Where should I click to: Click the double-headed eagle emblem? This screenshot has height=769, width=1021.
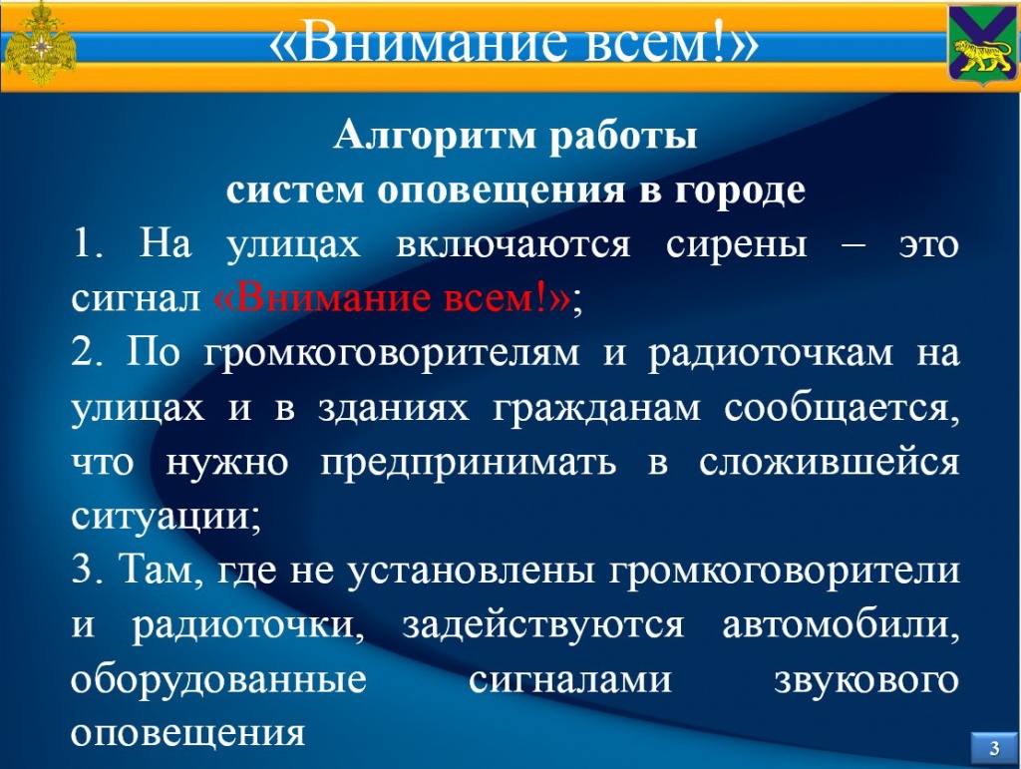tap(40, 44)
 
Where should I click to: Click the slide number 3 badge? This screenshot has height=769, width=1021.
tap(994, 747)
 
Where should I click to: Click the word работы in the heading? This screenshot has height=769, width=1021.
tap(623, 137)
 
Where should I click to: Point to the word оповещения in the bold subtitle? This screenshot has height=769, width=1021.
tap(502, 191)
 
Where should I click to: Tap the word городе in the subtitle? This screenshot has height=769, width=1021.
tap(741, 191)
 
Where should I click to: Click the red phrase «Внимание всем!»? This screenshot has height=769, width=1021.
tap(392, 299)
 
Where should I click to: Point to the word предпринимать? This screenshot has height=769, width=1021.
tap(469, 464)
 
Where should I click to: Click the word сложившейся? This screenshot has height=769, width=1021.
tap(829, 463)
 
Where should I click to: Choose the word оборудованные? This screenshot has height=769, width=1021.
tap(218, 680)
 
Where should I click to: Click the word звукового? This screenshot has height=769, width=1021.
tap(866, 680)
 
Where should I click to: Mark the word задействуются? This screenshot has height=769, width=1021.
tap(543, 626)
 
